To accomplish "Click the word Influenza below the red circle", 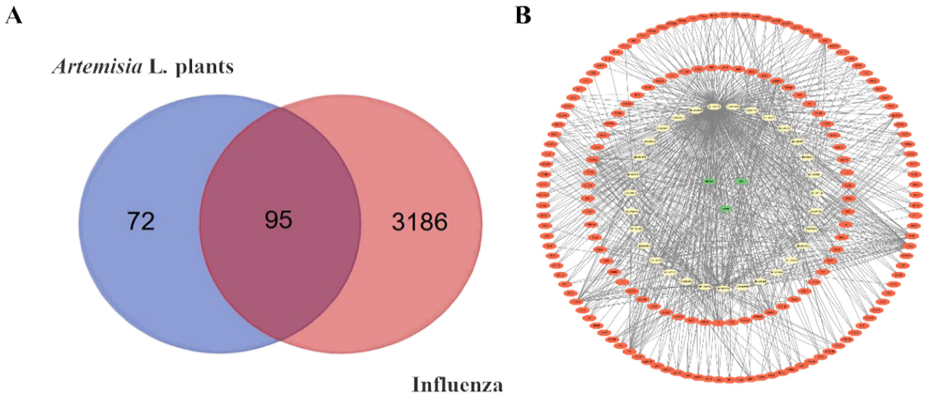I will point(457,384).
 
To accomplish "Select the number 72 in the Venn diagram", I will point(140,221).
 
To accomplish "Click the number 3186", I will point(420,222).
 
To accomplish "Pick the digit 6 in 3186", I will point(441,222).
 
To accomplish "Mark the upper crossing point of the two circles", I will point(280,107).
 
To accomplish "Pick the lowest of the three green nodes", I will point(725,208).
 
